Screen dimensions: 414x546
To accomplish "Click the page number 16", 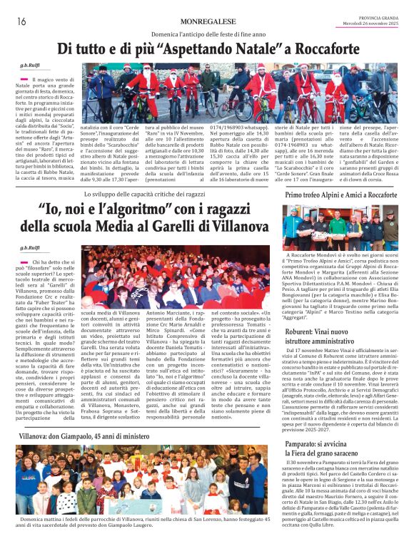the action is point(21,21).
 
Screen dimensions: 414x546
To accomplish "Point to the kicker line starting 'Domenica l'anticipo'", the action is point(206,35).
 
